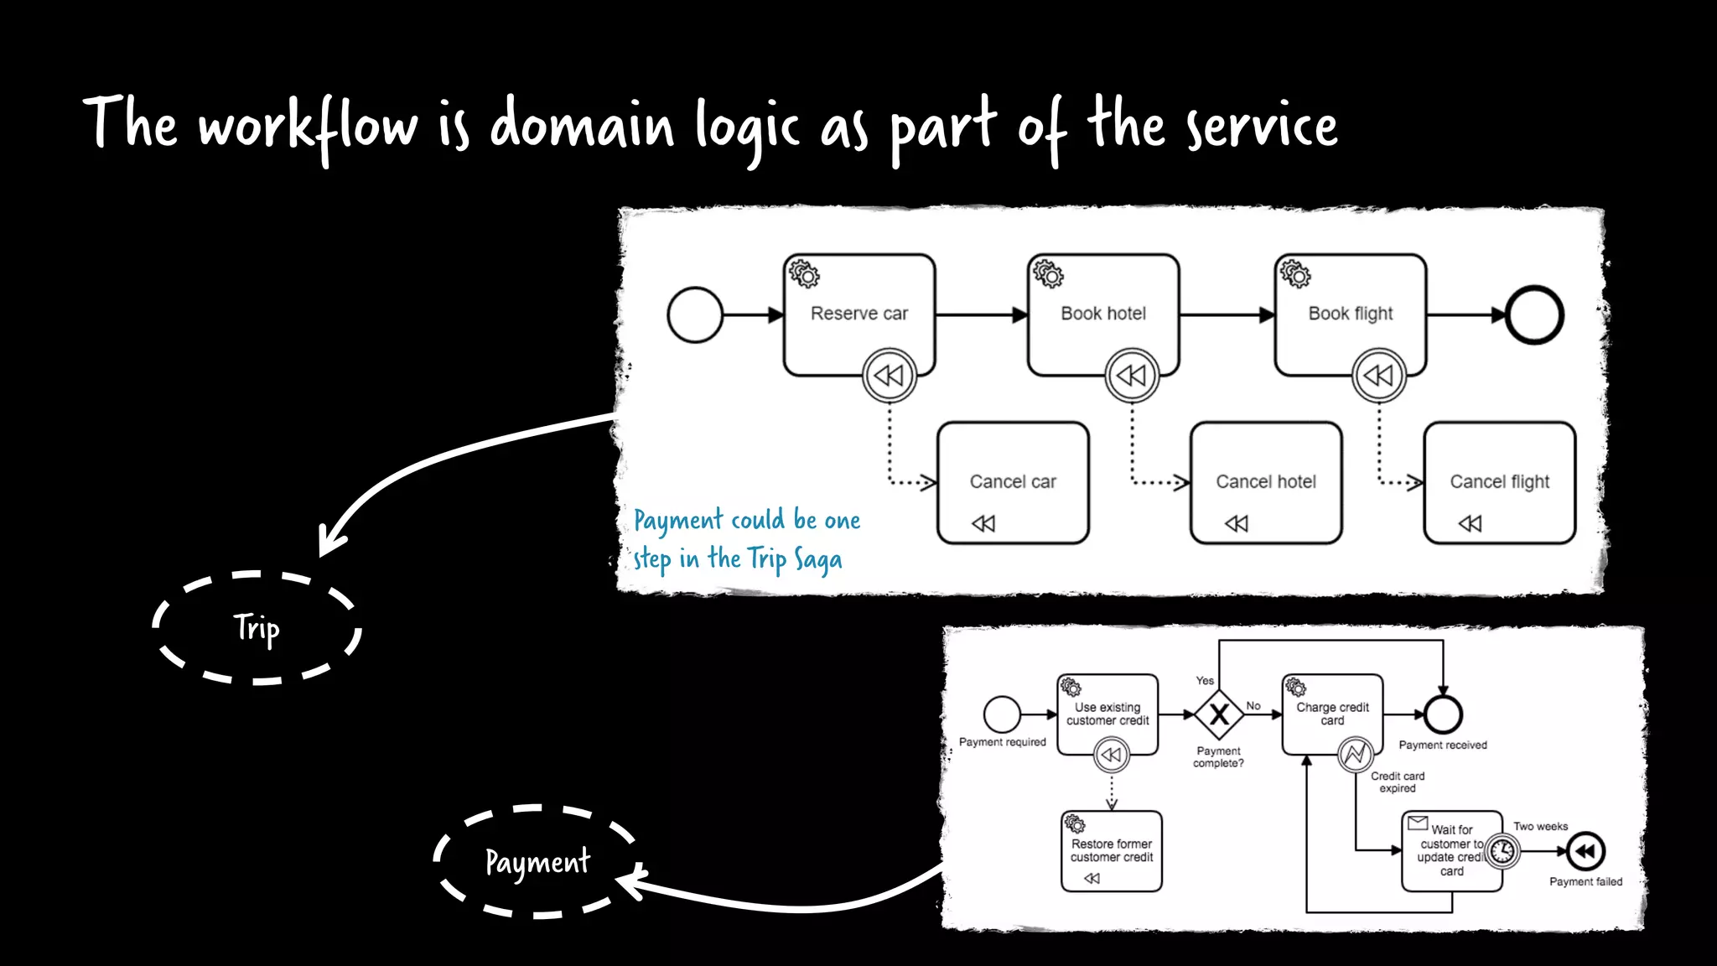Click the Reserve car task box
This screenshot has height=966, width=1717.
point(858,314)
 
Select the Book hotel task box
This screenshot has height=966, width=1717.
point(1102,314)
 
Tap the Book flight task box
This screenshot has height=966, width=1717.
point(1350,314)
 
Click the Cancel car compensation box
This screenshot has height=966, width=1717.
point(1013,483)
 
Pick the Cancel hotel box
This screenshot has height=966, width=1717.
point(1266,483)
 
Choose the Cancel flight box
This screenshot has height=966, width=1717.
point(1499,483)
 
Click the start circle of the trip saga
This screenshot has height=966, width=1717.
point(695,315)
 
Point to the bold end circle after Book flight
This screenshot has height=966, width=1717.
point(1534,315)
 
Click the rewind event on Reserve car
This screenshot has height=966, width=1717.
point(889,375)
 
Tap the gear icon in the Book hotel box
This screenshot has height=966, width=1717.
point(1048,274)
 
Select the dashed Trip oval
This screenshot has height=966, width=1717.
point(257,628)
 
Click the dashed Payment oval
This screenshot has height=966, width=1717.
point(537,861)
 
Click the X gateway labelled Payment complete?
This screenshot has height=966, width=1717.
point(1219,714)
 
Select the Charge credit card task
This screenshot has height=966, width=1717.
point(1332,714)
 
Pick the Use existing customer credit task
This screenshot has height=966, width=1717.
point(1107,714)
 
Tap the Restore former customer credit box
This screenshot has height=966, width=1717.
point(1111,850)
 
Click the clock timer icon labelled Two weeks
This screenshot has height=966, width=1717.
point(1502,851)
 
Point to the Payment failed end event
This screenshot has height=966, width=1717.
point(1585,851)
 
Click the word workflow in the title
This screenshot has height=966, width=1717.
point(308,126)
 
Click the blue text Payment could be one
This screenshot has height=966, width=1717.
point(746,520)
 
